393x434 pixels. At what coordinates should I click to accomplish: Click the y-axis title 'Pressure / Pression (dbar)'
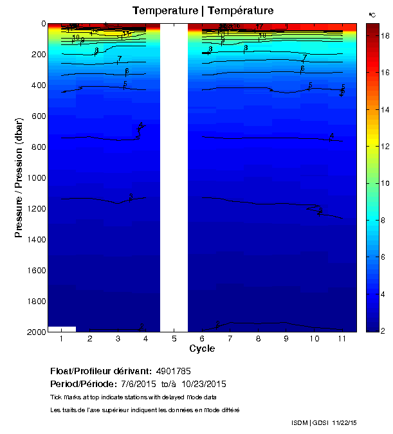[19, 177]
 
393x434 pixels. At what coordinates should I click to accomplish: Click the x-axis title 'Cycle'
[202, 348]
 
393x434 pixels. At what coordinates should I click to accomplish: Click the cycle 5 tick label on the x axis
[174, 338]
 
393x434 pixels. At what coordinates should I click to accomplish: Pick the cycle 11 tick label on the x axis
[342, 338]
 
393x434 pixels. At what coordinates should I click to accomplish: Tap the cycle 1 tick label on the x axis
[61, 338]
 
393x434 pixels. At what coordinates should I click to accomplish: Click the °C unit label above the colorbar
[372, 14]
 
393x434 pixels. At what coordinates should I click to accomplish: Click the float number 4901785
[173, 371]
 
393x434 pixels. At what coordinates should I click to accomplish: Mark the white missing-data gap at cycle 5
[174, 177]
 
